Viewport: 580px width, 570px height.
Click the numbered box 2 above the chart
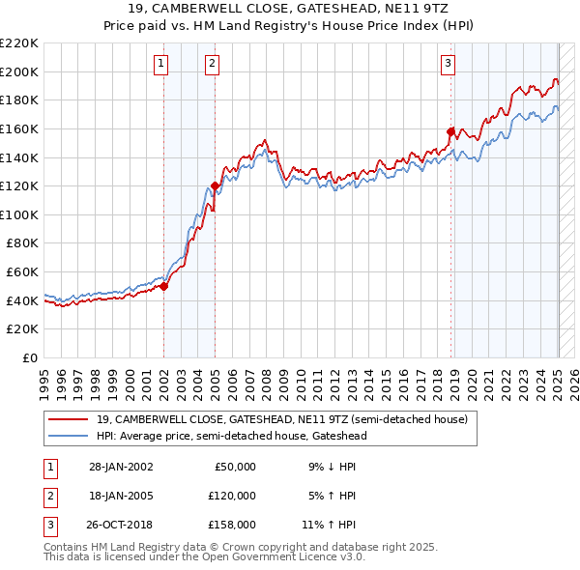[211, 65]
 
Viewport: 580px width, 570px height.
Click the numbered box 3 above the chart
[449, 65]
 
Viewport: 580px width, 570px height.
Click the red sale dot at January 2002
[164, 286]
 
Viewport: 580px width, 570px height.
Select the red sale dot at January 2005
[215, 185]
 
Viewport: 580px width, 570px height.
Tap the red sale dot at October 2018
[450, 131]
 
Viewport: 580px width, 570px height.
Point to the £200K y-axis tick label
[19, 71]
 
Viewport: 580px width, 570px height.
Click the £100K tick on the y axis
[19, 214]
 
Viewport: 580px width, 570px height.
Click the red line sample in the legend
[70, 419]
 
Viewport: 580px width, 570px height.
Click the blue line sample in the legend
[70, 436]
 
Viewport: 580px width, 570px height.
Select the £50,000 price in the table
[235, 467]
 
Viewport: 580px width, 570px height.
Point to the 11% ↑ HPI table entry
[331, 525]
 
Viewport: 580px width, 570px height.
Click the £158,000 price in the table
[232, 525]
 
